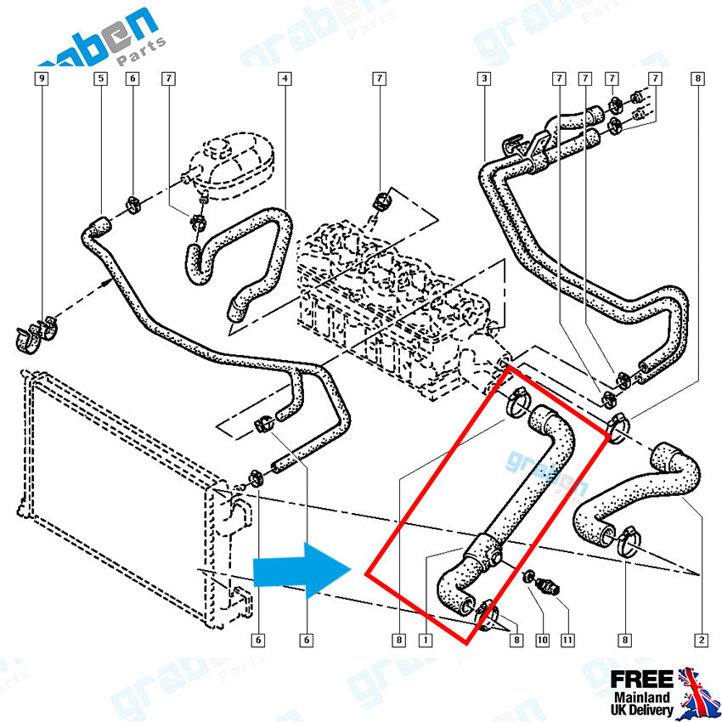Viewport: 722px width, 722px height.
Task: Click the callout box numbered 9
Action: click(42, 79)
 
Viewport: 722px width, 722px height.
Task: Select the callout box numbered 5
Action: click(100, 79)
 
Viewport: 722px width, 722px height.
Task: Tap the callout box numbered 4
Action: click(285, 79)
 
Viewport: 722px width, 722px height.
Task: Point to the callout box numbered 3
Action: click(483, 79)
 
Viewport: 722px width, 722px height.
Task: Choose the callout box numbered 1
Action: click(424, 640)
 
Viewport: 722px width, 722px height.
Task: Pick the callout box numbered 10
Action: click(541, 640)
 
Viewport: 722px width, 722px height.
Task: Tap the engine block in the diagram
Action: click(391, 297)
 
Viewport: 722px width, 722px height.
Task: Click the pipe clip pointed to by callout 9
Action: click(34, 332)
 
